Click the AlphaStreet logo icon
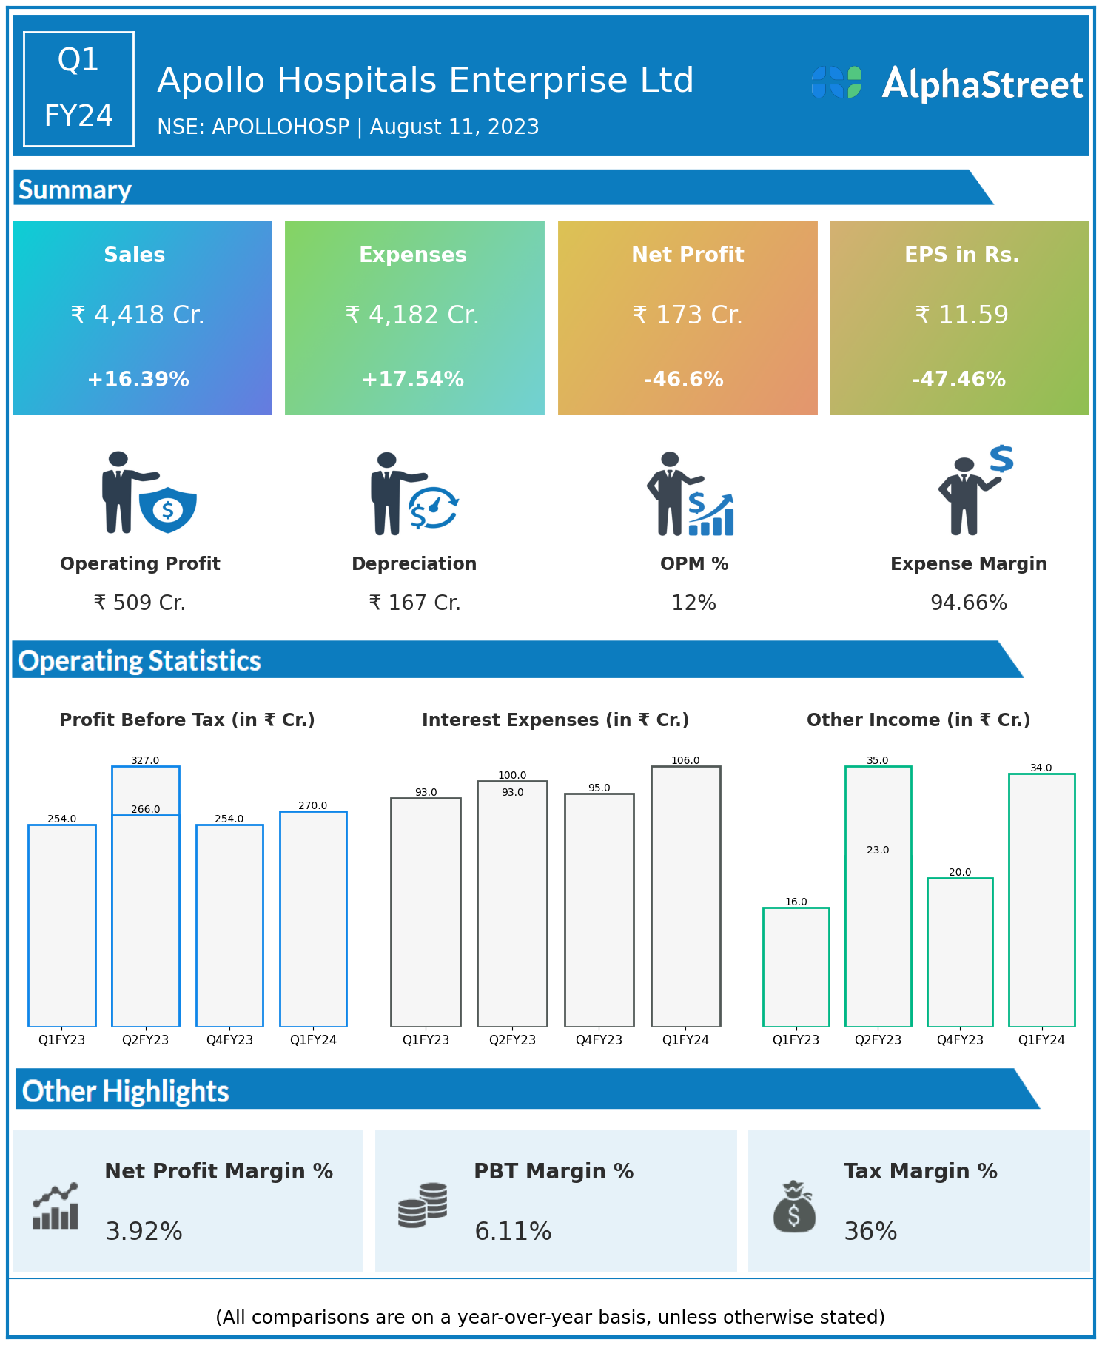point(836,82)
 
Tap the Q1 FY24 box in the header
point(78,89)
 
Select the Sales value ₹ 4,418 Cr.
point(138,315)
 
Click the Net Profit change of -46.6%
point(684,380)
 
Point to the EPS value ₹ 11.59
point(961,315)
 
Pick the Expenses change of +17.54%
point(413,380)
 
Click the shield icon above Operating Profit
point(168,509)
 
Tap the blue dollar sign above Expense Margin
point(1001,459)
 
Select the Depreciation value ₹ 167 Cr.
point(414,603)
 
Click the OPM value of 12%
point(693,603)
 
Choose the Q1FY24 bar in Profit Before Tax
point(313,919)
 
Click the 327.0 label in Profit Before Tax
point(145,760)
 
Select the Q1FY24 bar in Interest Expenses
point(685,896)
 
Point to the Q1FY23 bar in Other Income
point(796,967)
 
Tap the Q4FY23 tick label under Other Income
point(960,1040)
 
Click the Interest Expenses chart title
point(555,720)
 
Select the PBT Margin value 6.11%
point(513,1232)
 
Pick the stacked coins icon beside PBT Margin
point(423,1205)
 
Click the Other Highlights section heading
point(126,1092)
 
